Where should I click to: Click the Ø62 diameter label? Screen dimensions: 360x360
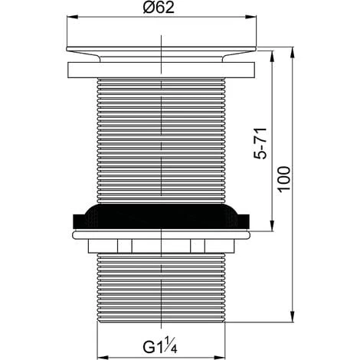coord(159,8)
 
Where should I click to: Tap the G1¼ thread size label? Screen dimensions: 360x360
coord(160,345)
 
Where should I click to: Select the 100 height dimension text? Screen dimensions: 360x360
coord(285,179)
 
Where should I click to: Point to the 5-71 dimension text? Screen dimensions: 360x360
coord(260,144)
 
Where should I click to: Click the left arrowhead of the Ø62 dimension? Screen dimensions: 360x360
coord(72,17)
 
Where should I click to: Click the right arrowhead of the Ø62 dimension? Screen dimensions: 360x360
coord(250,17)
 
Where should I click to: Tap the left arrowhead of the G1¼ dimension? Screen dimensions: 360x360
coord(103,357)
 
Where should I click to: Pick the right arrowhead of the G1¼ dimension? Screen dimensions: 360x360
coord(220,357)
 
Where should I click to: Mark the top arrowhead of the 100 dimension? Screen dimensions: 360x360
coord(293,53)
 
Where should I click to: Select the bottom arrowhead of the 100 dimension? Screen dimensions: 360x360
coord(293,317)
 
